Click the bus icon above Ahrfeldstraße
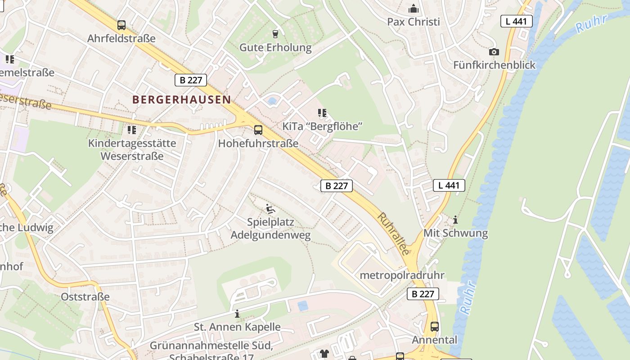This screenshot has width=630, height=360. click(121, 25)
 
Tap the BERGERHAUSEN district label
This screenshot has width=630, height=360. click(181, 100)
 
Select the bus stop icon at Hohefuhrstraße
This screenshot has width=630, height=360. click(258, 130)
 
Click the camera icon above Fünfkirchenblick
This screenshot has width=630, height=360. click(494, 52)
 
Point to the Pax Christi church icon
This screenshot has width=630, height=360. click(413, 9)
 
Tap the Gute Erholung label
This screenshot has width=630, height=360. click(275, 48)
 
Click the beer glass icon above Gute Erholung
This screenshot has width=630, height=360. click(275, 34)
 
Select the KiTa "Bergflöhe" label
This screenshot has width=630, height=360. click(322, 126)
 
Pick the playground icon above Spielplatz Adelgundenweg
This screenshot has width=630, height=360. click(270, 208)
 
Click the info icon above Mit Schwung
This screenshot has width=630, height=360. click(455, 220)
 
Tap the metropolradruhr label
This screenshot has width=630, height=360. click(402, 275)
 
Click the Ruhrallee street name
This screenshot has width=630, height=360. click(393, 234)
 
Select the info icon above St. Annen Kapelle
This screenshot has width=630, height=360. click(237, 314)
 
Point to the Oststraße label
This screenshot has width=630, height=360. click(85, 297)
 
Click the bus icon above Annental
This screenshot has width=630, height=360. click(434, 327)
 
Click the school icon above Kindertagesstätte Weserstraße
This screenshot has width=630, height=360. click(131, 130)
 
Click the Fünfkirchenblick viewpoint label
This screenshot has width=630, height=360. click(494, 65)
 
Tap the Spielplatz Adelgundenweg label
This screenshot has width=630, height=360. click(270, 229)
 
